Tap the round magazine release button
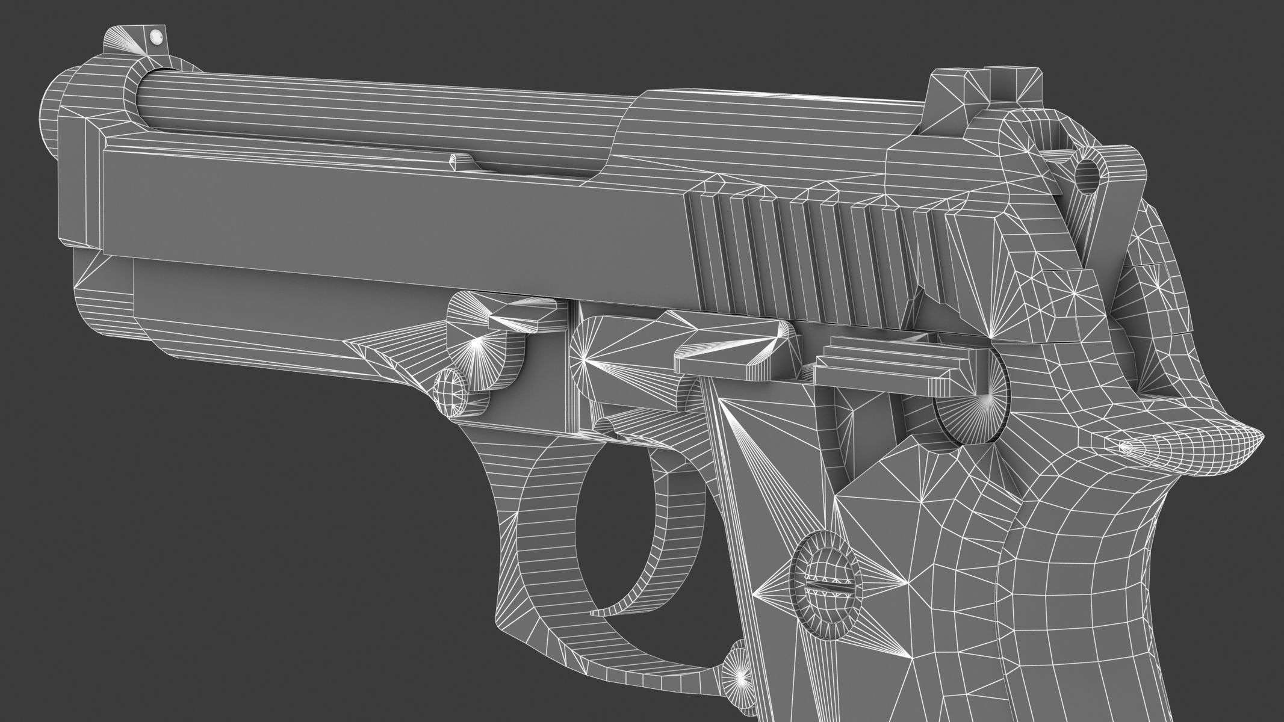[x=738, y=667]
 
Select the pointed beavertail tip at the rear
[x=1252, y=439]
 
